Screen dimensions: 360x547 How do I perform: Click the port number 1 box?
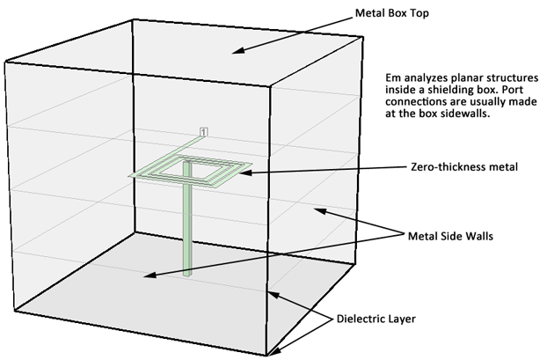[205, 132]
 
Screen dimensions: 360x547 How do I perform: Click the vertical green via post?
[187, 229]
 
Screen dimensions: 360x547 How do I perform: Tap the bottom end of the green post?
[187, 275]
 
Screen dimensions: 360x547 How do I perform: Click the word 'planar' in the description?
[463, 77]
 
